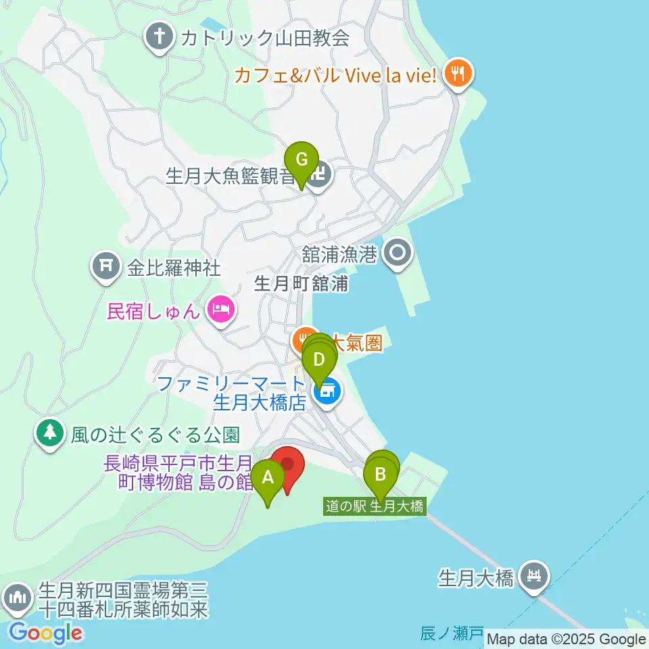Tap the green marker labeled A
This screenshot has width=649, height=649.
[268, 479]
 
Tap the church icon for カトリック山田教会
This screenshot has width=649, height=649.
[160, 38]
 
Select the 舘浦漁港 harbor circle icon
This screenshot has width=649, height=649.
[397, 254]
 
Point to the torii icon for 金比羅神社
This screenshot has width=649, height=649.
[105, 268]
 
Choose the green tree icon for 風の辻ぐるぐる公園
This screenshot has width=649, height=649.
[49, 433]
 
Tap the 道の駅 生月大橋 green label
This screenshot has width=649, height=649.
[375, 506]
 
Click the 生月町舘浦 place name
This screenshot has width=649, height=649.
[301, 283]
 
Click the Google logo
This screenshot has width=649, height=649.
[45, 633]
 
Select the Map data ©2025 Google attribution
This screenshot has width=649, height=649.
[567, 640]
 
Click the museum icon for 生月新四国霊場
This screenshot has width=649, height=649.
[17, 598]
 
